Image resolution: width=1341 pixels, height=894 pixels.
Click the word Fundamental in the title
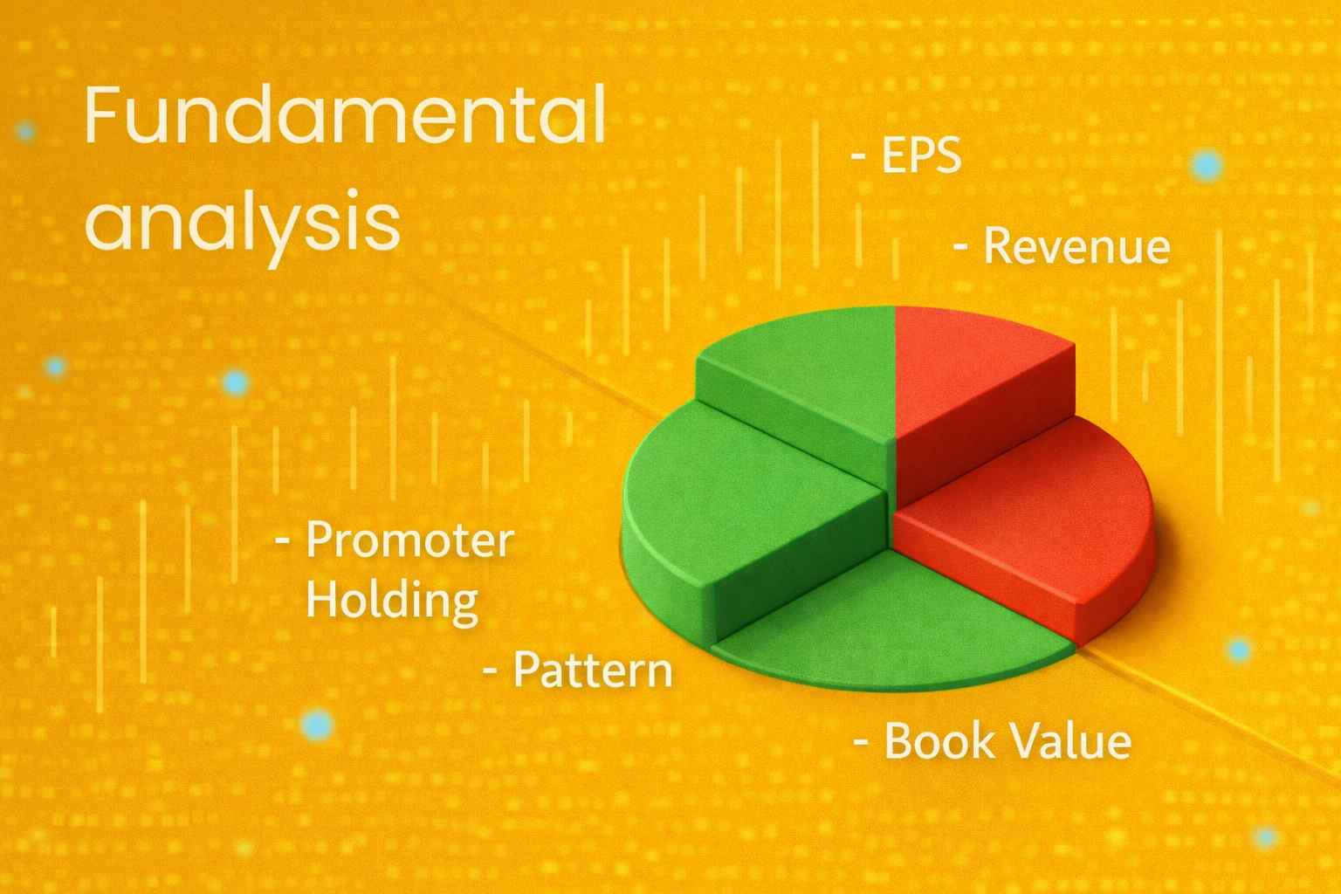click(346, 115)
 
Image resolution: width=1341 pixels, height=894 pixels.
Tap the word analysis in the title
click(243, 228)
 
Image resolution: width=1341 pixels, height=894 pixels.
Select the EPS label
click(921, 155)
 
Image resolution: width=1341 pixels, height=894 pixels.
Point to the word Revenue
click(1077, 246)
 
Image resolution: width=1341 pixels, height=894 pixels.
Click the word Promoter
click(410, 540)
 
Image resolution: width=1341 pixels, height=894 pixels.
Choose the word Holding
click(392, 602)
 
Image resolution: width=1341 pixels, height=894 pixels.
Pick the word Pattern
click(593, 670)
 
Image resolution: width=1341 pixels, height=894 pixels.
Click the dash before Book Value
click(861, 742)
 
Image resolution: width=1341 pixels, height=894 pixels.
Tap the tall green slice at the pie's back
click(802, 383)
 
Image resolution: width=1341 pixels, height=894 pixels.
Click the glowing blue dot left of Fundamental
click(25, 131)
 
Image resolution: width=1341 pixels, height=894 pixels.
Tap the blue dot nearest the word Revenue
click(1207, 165)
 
